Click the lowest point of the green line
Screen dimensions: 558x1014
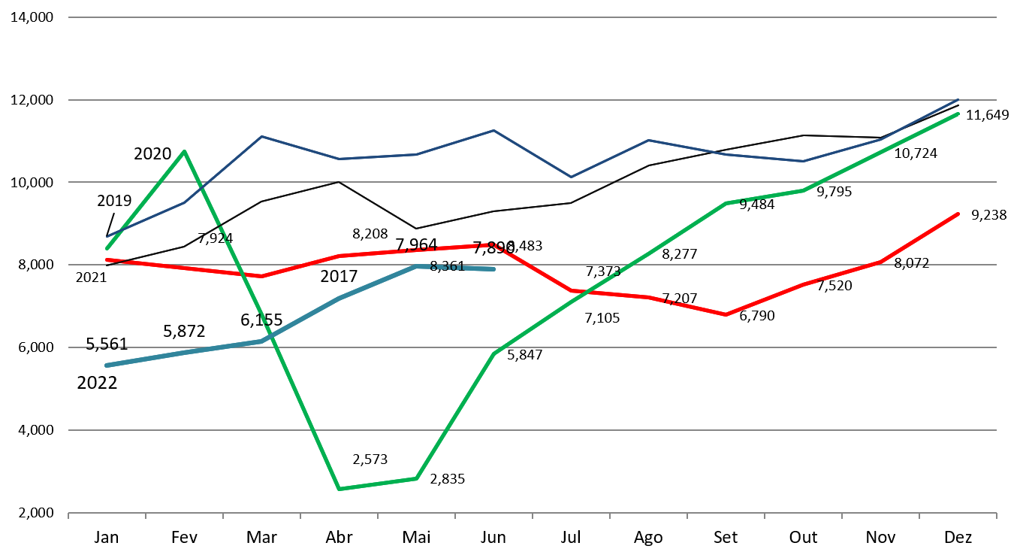[340, 489]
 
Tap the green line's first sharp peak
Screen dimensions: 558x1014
[185, 152]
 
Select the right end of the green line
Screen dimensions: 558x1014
[958, 114]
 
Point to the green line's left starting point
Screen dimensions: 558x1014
[107, 248]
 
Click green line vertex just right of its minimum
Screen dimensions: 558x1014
[416, 478]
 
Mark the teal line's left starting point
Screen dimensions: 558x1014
[107, 365]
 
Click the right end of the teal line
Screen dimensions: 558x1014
[493, 268]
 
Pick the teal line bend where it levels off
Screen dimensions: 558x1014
[416, 266]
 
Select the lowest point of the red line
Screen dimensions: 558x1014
[726, 314]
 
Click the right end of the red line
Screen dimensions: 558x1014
[958, 214]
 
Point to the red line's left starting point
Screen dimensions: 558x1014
[107, 259]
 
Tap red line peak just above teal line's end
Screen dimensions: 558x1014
[493, 245]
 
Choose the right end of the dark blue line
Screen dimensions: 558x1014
[958, 99]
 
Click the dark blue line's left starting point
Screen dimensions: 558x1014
[107, 236]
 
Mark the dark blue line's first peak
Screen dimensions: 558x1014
[261, 136]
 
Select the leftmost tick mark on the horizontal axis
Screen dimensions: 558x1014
[68, 515]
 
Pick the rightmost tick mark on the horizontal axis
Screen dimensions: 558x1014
[996, 515]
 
